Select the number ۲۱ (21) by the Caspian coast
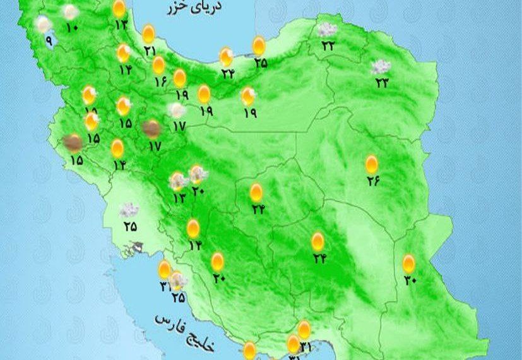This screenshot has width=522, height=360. coord(150,51)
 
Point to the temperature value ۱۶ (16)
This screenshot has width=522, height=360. coord(160,81)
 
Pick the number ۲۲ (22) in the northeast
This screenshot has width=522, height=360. coord(328,45)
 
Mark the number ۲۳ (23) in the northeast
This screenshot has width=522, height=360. coord(381,82)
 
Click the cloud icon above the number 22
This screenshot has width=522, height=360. coord(326,29)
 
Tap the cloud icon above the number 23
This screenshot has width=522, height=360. coord(380,66)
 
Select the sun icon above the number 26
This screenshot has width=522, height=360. coord(372,164)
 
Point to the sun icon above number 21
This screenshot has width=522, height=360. coord(148,33)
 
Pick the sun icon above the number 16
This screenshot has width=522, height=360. coord(158,64)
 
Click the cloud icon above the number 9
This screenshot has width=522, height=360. coord(43,24)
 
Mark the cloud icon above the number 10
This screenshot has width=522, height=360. coord(71,11)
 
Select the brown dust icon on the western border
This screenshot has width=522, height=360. coord(74,143)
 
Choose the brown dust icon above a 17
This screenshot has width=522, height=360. coord(151,128)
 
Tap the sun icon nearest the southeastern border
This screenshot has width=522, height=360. coord(409,263)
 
